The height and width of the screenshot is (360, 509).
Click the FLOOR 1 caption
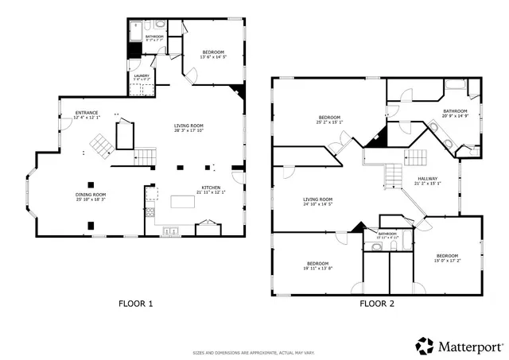click(x=135, y=304)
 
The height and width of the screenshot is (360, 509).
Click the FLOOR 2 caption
click(x=376, y=304)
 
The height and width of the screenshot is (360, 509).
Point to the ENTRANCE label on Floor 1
click(x=87, y=113)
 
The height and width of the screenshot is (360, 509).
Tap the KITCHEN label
click(x=212, y=188)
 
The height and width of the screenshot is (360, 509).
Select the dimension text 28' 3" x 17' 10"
click(x=190, y=131)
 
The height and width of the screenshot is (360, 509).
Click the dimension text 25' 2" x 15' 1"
click(x=329, y=122)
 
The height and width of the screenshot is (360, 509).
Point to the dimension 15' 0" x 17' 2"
click(x=447, y=260)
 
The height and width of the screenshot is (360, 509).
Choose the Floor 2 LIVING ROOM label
click(x=317, y=199)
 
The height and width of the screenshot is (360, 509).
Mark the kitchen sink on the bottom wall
click(x=170, y=232)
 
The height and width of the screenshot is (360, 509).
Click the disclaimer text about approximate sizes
click(x=254, y=353)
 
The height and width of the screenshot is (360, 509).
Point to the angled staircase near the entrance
click(x=99, y=145)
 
